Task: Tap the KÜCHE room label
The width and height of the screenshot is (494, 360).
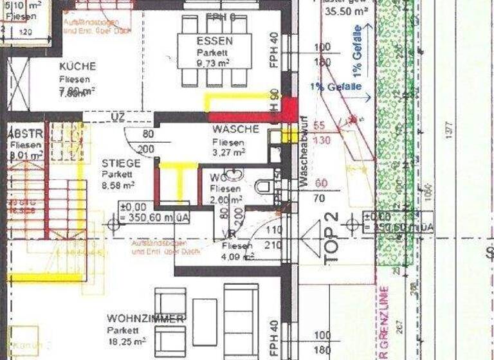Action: click(x=77, y=66)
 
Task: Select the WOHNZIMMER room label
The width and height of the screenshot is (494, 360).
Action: click(x=146, y=319)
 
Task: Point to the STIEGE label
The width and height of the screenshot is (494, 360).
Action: click(x=120, y=163)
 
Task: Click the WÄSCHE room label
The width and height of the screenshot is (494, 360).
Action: click(x=235, y=129)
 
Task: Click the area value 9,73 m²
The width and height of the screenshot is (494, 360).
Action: click(x=214, y=63)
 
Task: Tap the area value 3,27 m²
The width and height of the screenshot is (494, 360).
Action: click(x=230, y=152)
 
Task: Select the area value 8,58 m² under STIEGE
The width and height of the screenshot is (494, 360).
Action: click(x=118, y=185)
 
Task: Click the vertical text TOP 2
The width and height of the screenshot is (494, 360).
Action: click(x=332, y=236)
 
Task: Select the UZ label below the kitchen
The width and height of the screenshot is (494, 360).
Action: click(x=118, y=116)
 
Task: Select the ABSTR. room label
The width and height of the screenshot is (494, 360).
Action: click(x=25, y=134)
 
